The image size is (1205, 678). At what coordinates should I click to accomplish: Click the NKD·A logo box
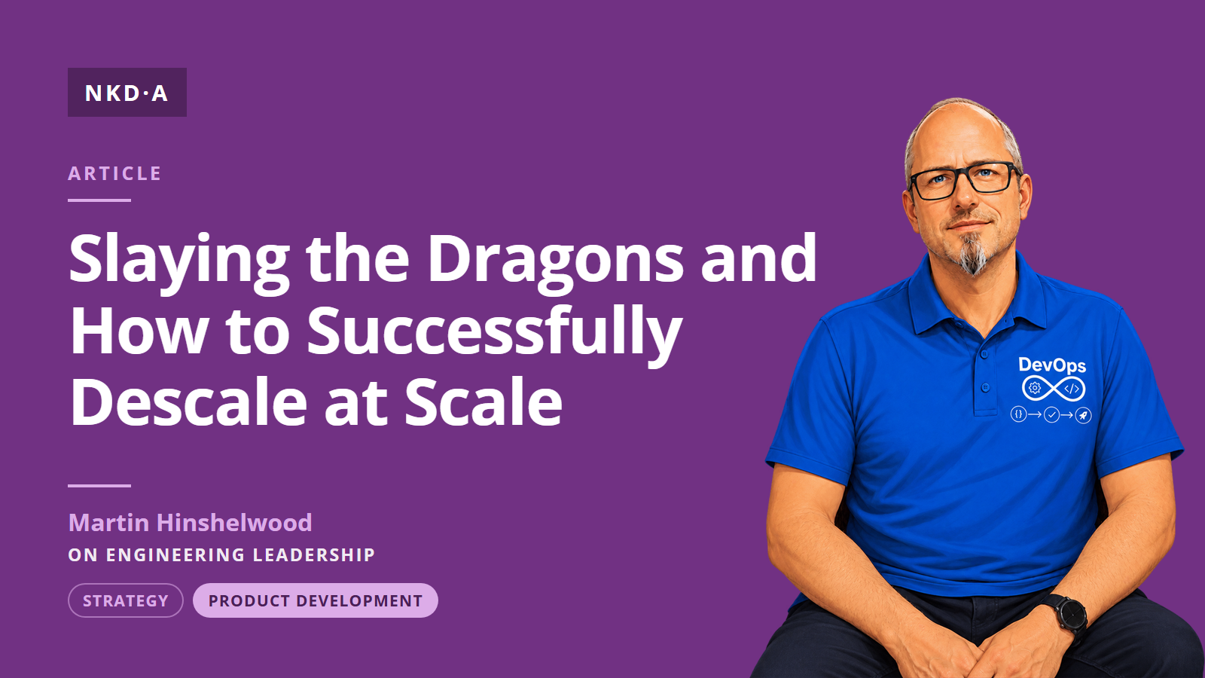coord(127,92)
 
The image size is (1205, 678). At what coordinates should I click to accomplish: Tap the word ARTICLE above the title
coord(114,173)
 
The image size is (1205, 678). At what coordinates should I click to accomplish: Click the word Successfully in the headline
coord(494,331)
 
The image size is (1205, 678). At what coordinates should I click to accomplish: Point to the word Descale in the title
coord(188,402)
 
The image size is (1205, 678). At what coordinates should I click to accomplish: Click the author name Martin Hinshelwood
coord(190,523)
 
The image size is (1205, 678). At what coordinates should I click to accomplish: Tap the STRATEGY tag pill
coord(125,600)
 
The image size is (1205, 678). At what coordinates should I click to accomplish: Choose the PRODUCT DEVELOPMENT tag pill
coord(316,600)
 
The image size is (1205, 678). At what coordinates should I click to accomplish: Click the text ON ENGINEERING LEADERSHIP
coord(221,554)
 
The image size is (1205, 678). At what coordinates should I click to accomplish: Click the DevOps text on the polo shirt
coord(1052,365)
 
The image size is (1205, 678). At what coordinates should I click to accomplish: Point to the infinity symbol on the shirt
coord(1054,389)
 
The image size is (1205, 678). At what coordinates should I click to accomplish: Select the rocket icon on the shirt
coord(1083,415)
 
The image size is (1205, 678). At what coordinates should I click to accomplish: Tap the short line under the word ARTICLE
coord(99,200)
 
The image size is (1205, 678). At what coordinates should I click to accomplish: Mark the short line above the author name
coord(99,485)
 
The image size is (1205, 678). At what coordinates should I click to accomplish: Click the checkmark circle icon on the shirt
coord(1051,415)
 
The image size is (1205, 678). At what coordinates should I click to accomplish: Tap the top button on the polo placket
coord(984,355)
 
